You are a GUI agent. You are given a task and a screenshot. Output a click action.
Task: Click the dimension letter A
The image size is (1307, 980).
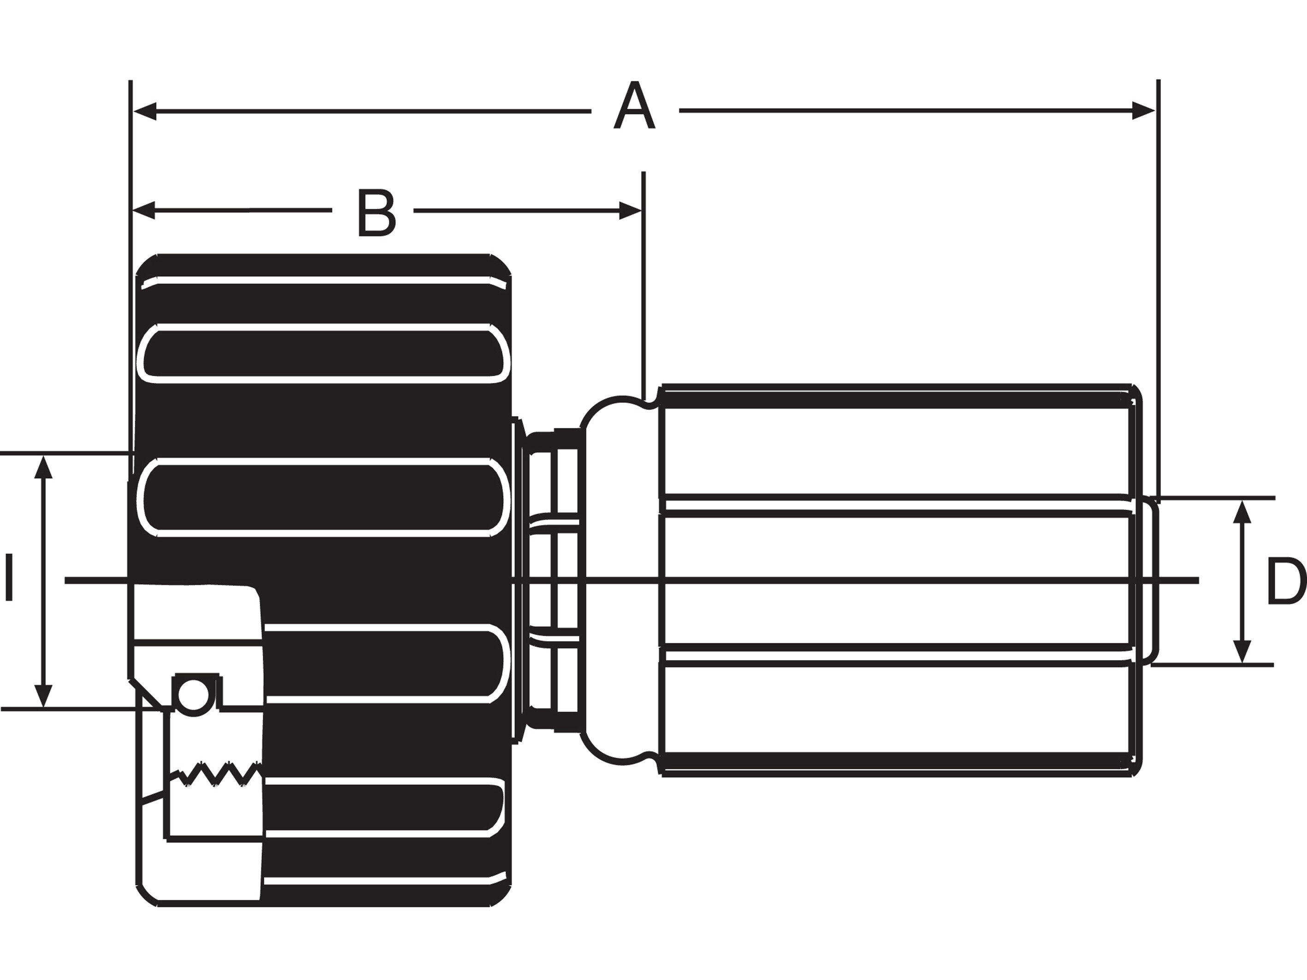(634, 106)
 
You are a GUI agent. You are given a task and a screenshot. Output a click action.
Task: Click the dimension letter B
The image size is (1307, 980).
(376, 213)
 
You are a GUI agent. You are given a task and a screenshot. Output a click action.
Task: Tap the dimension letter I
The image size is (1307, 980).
(9, 577)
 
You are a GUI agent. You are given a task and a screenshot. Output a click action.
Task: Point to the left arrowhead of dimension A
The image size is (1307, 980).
(145, 111)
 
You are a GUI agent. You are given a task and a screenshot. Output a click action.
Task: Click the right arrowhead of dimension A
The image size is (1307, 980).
(1143, 111)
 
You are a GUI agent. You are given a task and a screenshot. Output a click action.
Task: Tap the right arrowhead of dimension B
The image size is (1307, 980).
(630, 210)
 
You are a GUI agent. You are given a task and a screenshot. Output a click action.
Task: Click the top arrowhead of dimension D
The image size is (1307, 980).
(1242, 512)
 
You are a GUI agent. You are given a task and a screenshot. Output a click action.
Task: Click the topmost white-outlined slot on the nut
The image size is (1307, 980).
(323, 353)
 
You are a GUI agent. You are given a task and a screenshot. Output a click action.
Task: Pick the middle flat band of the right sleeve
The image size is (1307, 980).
(896, 581)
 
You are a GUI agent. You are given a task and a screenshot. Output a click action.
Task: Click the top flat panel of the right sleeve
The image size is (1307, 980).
(896, 451)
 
